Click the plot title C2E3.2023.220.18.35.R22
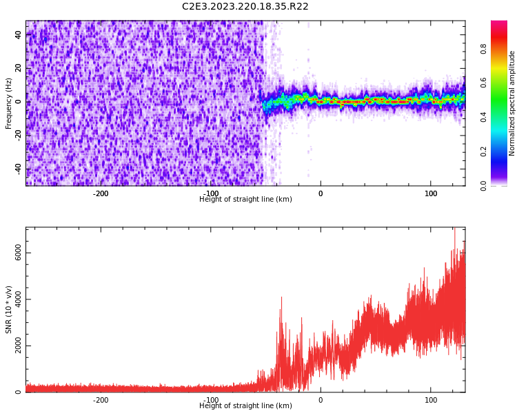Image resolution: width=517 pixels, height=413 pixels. point(245,7)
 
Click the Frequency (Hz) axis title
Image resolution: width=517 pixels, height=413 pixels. point(9,103)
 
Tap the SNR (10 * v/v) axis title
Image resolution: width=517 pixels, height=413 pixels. point(9,310)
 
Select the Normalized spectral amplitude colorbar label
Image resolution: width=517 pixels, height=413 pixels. point(512,103)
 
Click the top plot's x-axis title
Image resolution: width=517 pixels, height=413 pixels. point(245,200)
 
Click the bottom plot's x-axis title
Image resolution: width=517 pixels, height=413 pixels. point(245,406)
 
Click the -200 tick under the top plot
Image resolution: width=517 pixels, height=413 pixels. point(101,193)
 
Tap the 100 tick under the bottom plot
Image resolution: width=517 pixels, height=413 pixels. point(431,400)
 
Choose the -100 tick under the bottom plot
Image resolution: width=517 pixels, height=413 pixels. point(211,400)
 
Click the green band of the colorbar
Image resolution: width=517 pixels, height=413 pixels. point(498,110)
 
